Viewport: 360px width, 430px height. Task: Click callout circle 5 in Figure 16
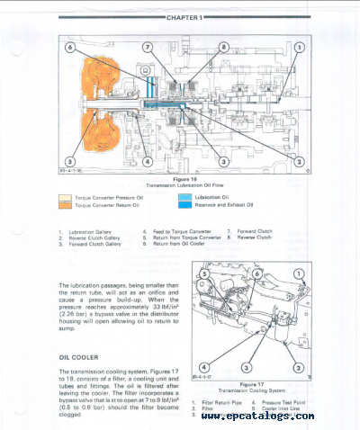pyautogui.click(x=69, y=162)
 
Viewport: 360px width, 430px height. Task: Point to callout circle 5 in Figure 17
pyautogui.click(x=204, y=272)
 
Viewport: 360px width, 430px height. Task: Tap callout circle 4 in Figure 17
pyautogui.click(x=209, y=367)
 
